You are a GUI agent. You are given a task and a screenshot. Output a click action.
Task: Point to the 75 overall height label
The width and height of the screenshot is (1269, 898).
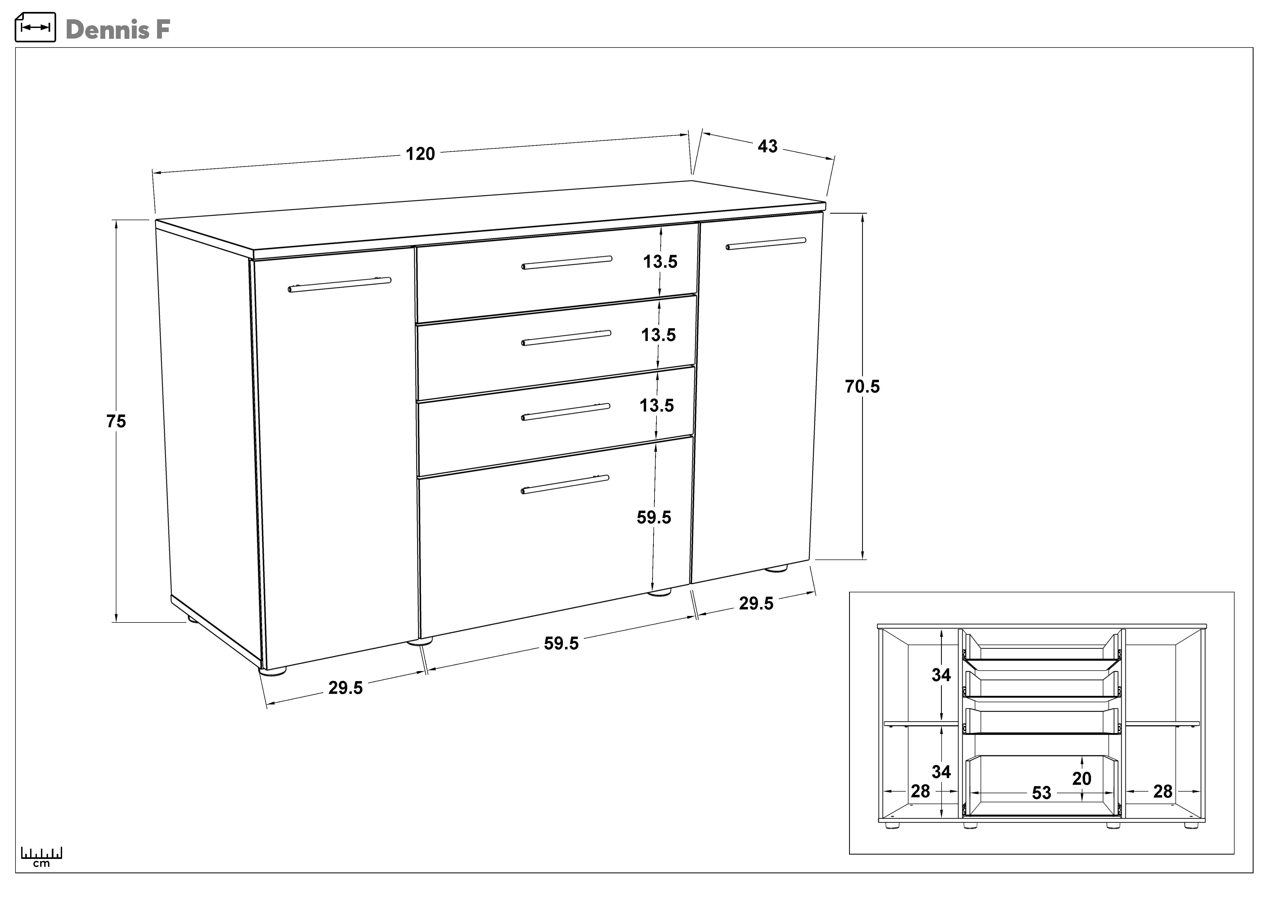click(x=116, y=421)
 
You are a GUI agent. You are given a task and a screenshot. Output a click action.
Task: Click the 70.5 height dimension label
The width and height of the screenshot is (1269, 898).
click(x=862, y=387)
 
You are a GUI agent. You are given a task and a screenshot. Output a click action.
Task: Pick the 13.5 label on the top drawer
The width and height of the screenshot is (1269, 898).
click(x=660, y=261)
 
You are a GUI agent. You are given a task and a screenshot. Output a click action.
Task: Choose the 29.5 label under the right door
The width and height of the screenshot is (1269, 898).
click(x=756, y=603)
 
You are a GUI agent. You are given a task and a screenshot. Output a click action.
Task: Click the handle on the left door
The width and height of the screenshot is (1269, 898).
click(x=339, y=285)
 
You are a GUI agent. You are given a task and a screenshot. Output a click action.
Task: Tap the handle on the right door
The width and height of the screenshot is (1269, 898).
click(x=766, y=243)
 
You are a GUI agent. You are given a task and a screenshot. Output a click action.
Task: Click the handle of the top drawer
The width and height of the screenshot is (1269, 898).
click(x=566, y=263)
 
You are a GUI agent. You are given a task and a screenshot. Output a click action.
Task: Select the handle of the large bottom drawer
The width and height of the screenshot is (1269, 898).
click(x=565, y=484)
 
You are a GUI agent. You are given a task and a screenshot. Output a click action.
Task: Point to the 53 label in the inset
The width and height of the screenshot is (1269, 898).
click(x=1041, y=792)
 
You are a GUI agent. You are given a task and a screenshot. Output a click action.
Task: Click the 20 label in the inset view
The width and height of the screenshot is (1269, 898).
click(x=1082, y=778)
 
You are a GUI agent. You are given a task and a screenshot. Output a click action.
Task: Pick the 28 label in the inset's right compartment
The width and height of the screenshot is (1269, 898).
click(x=1163, y=791)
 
